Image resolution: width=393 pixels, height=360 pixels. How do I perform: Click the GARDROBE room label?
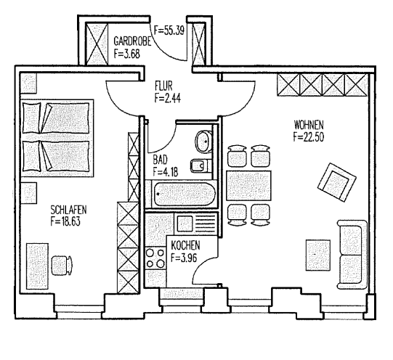(x=132, y=41)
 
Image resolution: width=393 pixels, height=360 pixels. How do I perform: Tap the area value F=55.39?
(x=169, y=30)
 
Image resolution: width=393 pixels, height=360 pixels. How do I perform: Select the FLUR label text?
(x=163, y=86)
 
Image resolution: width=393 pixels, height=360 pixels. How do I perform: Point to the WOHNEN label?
(x=309, y=124)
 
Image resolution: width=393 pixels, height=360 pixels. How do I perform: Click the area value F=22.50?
(x=309, y=136)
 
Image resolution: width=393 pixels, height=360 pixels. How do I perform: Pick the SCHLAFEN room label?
(x=68, y=210)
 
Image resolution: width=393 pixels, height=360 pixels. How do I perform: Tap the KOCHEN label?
(x=185, y=245)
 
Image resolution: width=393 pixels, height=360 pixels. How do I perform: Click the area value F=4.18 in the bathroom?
(x=166, y=172)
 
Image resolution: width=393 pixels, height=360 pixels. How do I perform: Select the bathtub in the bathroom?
(x=185, y=195)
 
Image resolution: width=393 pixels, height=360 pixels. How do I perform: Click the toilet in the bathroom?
(x=203, y=141)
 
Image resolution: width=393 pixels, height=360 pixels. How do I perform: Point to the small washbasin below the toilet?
(x=199, y=165)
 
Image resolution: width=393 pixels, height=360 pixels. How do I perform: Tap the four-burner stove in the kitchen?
(x=155, y=258)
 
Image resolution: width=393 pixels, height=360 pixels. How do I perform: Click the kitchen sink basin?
(x=185, y=224)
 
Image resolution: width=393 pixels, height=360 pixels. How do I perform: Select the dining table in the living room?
(x=248, y=186)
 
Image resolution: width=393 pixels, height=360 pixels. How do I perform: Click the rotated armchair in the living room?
(x=337, y=182)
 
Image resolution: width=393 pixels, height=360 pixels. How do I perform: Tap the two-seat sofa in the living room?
(x=352, y=255)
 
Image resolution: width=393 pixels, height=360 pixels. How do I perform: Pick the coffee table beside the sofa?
(x=317, y=255)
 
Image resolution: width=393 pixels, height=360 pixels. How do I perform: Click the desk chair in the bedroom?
(x=62, y=266)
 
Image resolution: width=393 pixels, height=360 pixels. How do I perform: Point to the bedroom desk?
(x=37, y=266)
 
